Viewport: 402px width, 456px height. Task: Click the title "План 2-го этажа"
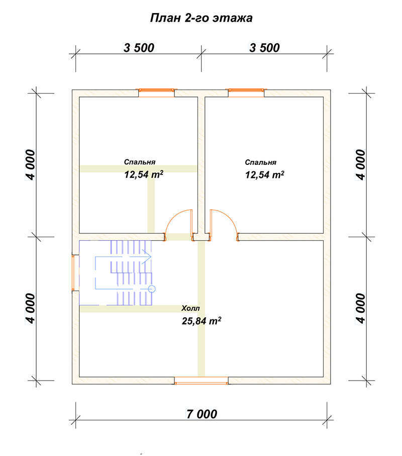tap(201, 18)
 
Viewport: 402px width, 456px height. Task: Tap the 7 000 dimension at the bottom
tap(202, 414)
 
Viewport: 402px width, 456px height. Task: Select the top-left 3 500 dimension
tap(139, 48)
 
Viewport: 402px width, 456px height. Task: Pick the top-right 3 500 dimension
tap(264, 48)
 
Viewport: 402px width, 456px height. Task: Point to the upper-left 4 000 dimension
tap(30, 165)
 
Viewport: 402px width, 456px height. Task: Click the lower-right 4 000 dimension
tap(360, 308)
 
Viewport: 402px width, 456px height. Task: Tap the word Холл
tap(190, 308)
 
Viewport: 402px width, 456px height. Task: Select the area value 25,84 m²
tap(202, 321)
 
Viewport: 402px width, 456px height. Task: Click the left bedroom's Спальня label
tap(140, 162)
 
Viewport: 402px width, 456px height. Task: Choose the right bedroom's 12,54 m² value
tap(264, 175)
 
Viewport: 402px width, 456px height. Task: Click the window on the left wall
tap(73, 273)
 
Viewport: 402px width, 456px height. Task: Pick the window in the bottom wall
tap(202, 381)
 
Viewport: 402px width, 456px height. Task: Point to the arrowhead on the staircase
tap(147, 257)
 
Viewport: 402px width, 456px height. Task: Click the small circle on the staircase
tap(151, 289)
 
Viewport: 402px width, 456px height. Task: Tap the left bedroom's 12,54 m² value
tap(144, 174)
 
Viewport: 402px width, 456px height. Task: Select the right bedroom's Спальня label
tap(261, 162)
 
